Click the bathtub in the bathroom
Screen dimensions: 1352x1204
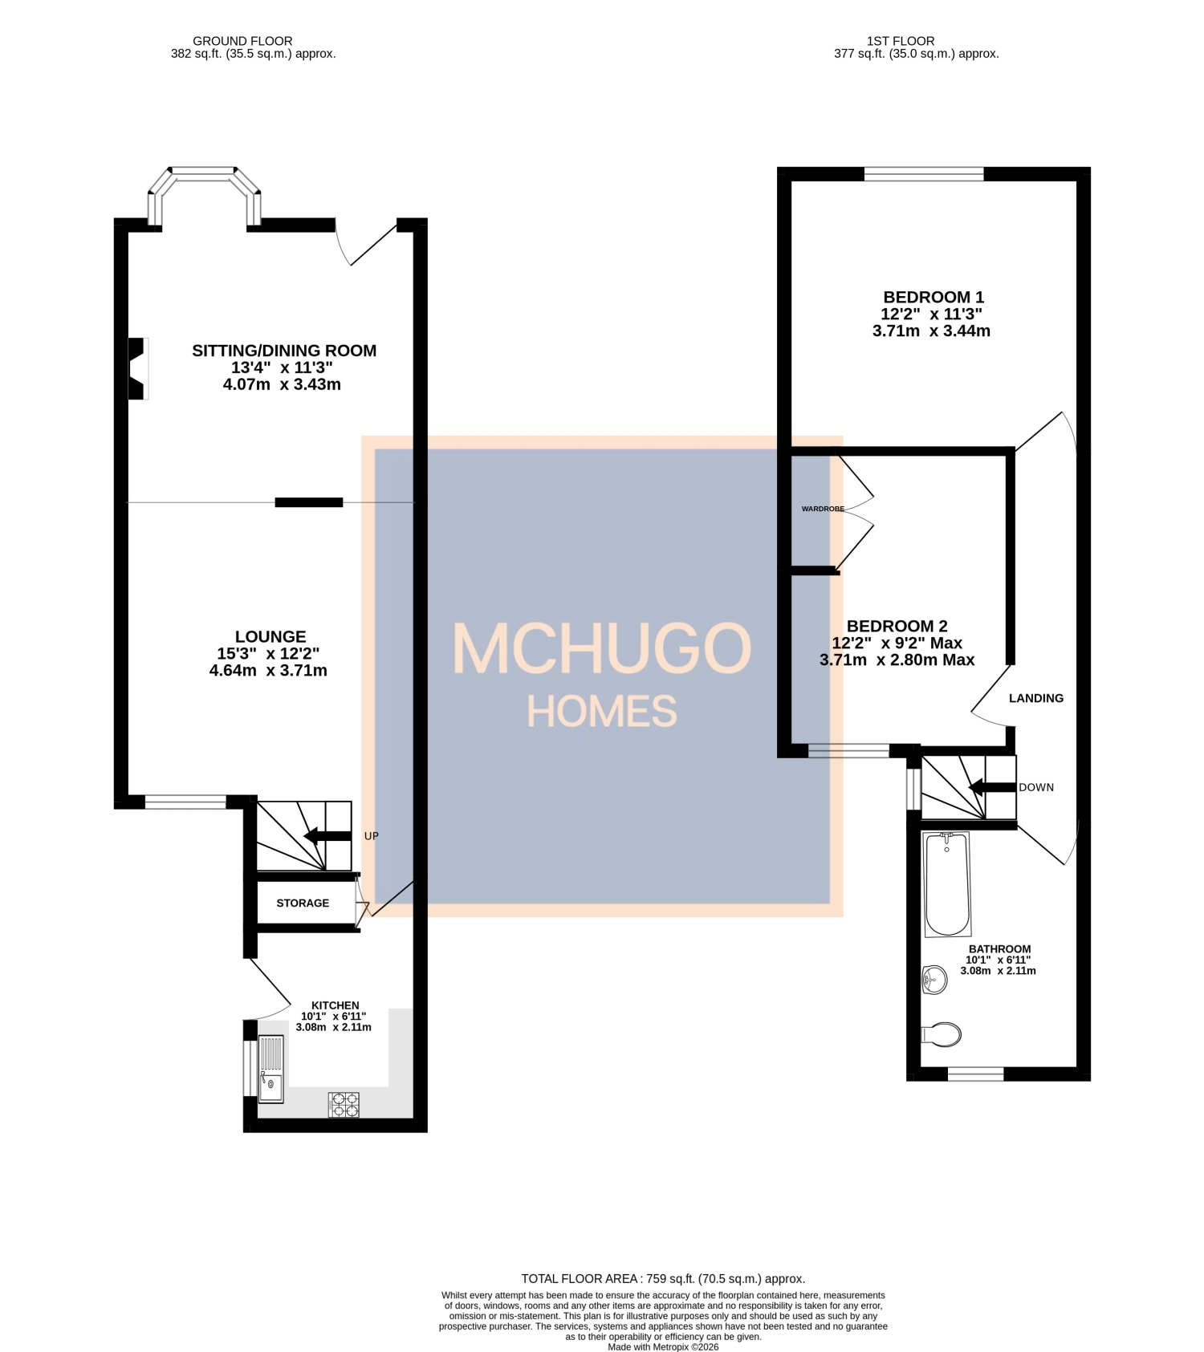(947, 884)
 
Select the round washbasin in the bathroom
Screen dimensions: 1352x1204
(934, 979)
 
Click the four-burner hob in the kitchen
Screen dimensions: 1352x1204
(344, 1105)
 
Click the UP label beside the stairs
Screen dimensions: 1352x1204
(371, 836)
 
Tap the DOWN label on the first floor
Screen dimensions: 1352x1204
(1036, 787)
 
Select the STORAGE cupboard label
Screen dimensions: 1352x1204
(303, 903)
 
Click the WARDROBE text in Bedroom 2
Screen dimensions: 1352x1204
(823, 509)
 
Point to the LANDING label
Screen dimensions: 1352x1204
(1036, 698)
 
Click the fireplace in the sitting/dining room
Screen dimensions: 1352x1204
(137, 368)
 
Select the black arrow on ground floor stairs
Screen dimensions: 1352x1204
(327, 836)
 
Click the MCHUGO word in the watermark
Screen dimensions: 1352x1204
(602, 648)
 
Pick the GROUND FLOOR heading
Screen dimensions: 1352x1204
(242, 41)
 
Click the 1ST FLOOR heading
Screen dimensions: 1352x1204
(900, 41)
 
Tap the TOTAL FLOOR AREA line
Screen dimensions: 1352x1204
(663, 1279)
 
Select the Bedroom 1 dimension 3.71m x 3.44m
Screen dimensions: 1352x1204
(931, 331)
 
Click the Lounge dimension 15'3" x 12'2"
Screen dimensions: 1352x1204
(268, 653)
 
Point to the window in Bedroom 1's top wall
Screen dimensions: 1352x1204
(923, 173)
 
